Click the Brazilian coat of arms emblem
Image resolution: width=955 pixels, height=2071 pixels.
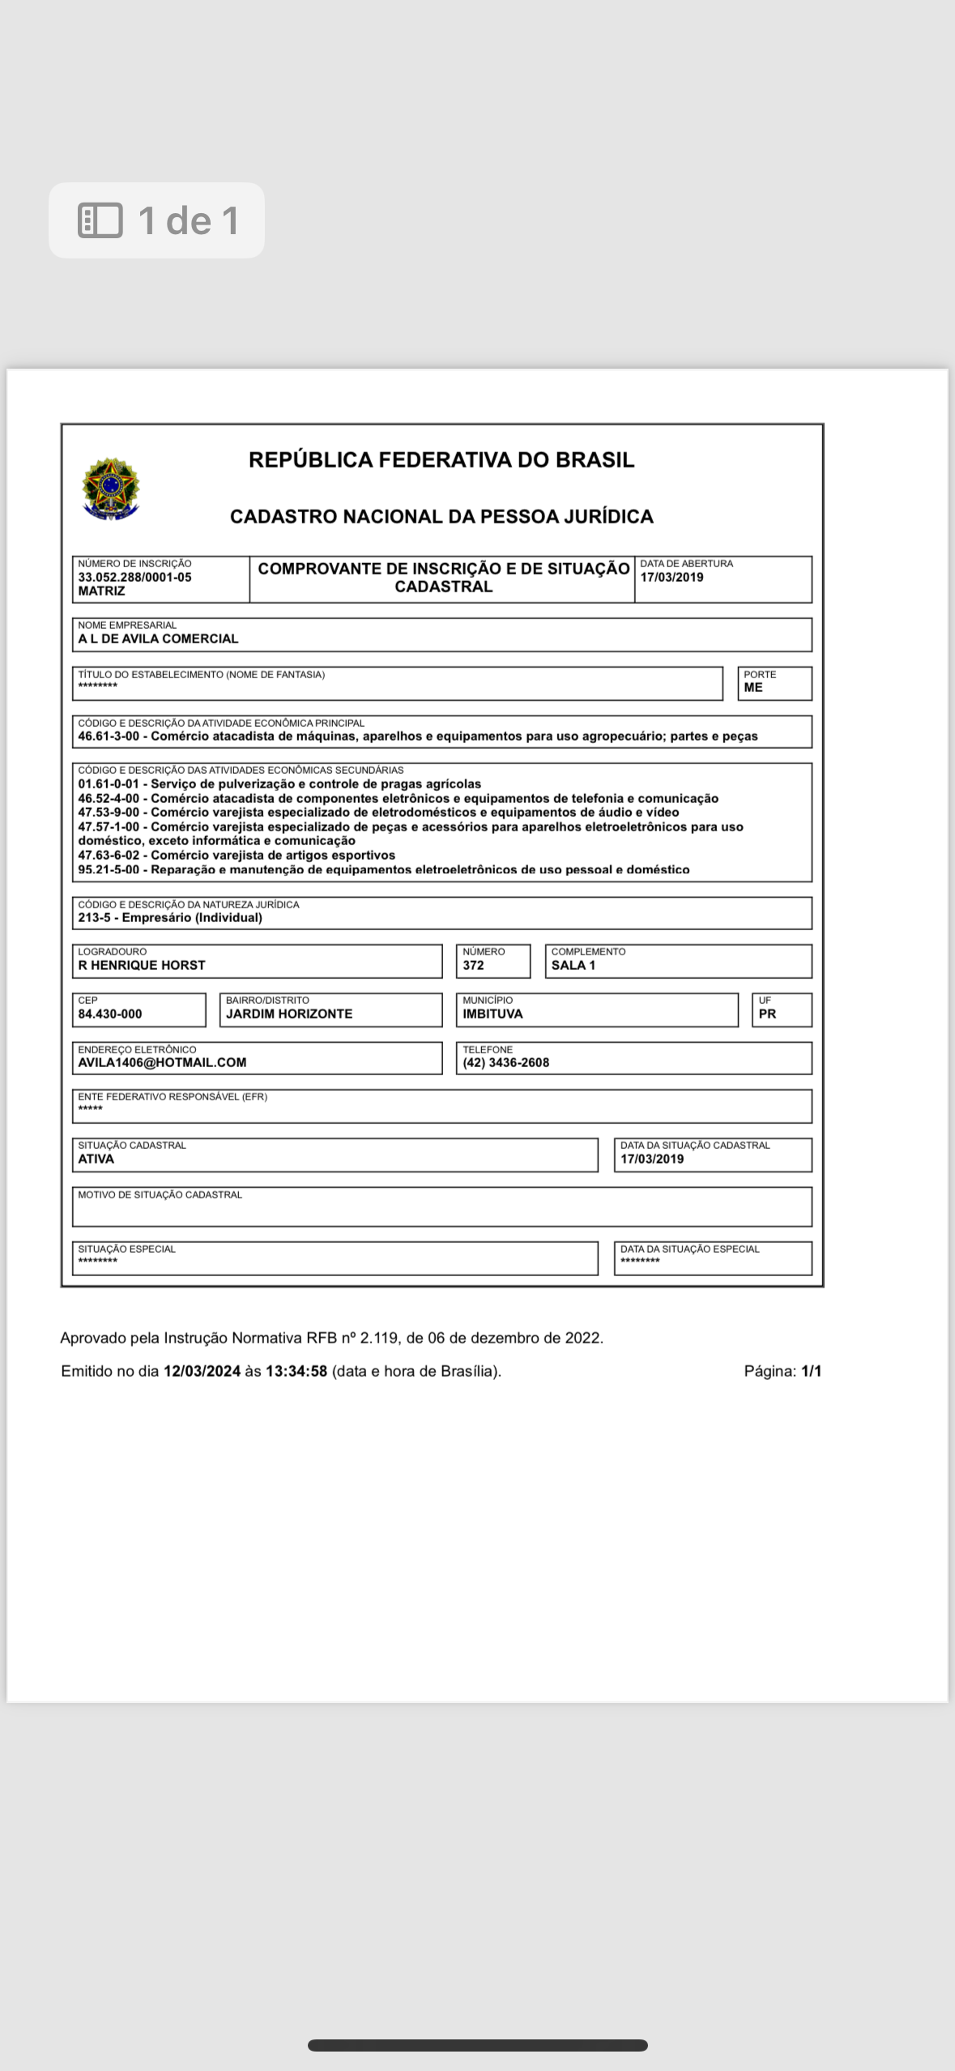tap(111, 489)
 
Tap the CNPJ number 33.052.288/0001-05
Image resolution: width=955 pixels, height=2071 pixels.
tap(134, 578)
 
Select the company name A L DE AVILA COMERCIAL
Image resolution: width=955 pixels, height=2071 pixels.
tap(158, 638)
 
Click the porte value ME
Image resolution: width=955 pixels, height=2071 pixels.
tap(753, 687)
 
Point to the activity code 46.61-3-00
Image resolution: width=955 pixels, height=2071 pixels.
tap(109, 737)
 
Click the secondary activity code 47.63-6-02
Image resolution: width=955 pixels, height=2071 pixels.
tap(109, 855)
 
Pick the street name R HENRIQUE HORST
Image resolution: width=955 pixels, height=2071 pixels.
tap(142, 965)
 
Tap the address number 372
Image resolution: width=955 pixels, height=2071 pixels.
tap(473, 965)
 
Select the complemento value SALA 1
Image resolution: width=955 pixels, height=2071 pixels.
tap(573, 965)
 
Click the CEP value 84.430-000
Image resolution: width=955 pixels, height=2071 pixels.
tap(109, 1014)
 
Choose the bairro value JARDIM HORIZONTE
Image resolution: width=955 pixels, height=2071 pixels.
tap(289, 1014)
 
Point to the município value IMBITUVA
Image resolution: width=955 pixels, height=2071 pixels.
tap(492, 1014)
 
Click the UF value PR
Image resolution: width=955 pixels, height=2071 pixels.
tap(767, 1014)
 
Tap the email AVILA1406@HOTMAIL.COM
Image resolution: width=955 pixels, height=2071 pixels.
tap(162, 1062)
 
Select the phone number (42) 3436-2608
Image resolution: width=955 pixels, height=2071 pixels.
tap(505, 1062)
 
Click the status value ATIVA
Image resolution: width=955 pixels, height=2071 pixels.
tap(96, 1159)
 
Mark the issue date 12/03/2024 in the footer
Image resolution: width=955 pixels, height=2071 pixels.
tap(202, 1371)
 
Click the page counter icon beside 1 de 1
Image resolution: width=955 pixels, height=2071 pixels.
tap(100, 220)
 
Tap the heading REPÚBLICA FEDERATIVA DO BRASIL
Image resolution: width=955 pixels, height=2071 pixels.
tap(441, 460)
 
